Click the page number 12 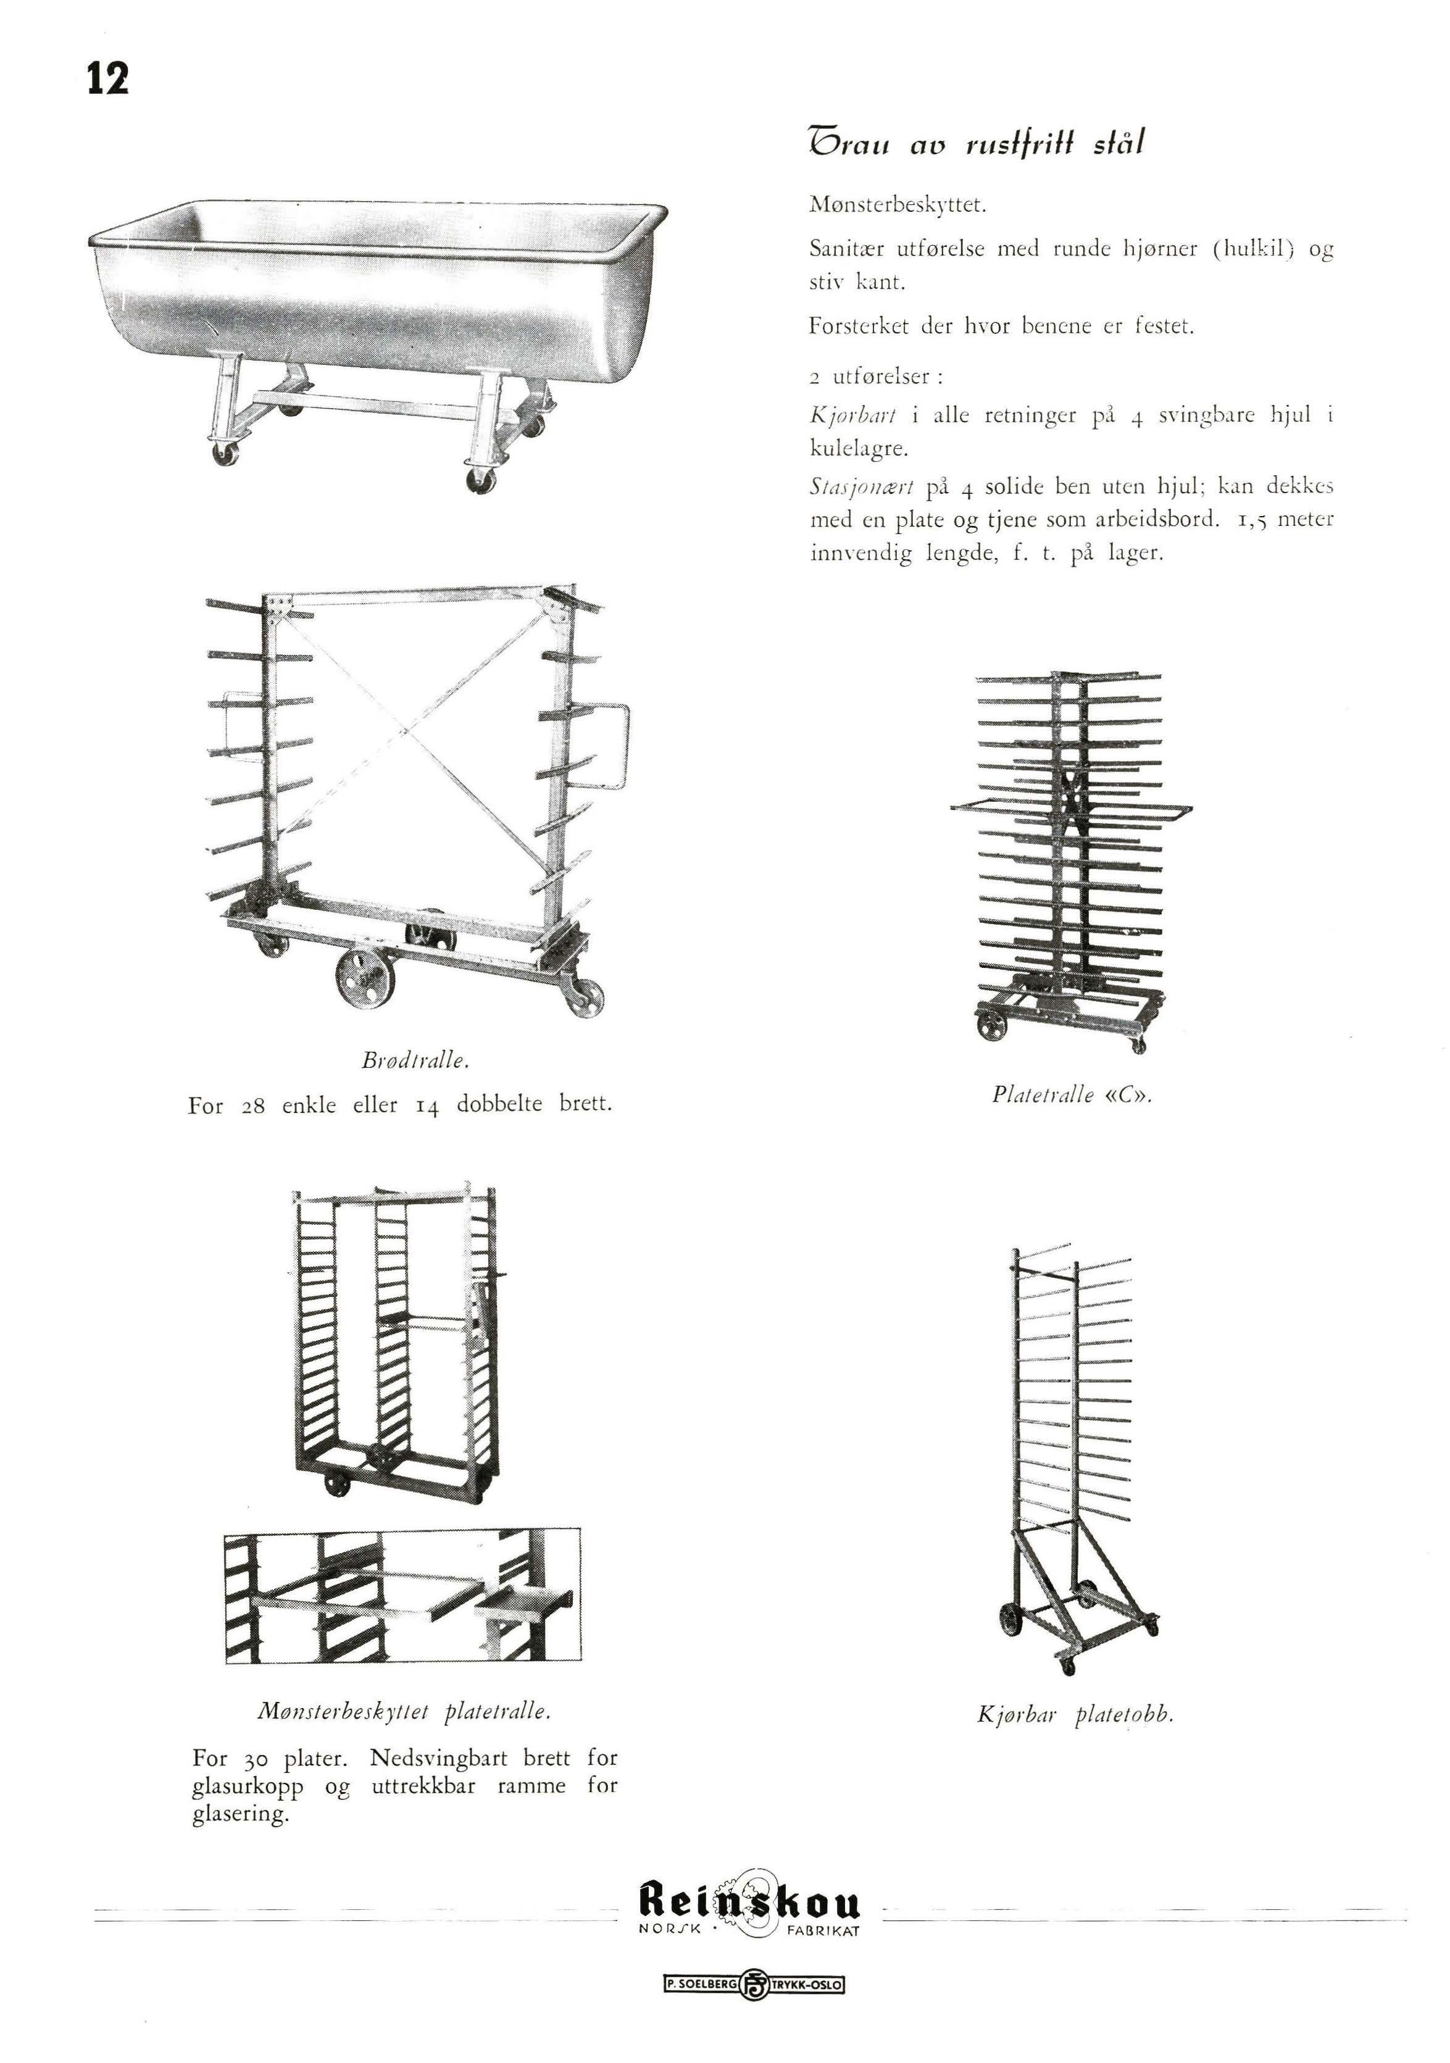pos(109,78)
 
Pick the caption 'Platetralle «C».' pos(1072,1094)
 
